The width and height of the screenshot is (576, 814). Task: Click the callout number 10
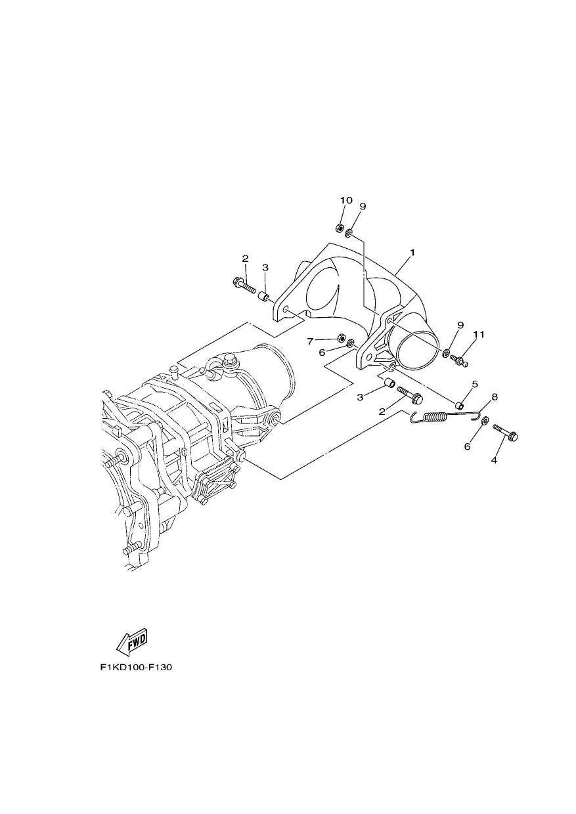click(346, 200)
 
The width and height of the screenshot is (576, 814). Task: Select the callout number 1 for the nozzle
click(412, 252)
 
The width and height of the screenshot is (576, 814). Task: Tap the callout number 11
click(479, 334)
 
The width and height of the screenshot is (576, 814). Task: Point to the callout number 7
click(310, 341)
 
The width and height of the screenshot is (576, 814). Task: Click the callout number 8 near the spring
click(495, 396)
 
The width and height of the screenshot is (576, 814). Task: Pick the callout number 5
click(475, 384)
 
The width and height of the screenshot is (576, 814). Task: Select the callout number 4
click(493, 460)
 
